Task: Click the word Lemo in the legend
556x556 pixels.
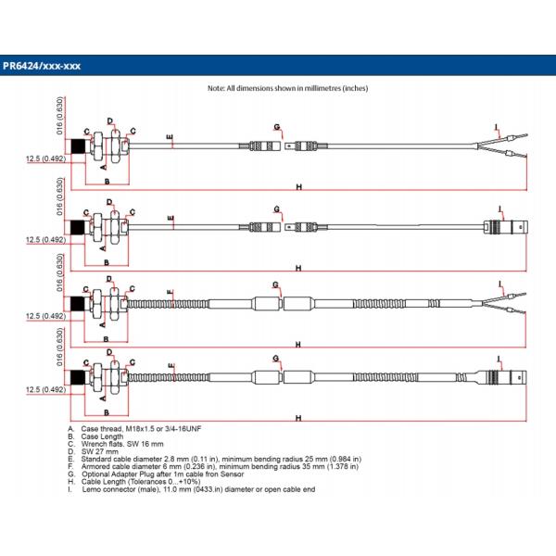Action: (92, 488)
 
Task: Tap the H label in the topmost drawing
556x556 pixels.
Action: (299, 186)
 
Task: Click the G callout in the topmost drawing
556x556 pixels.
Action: (276, 126)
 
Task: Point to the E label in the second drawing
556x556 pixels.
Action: (171, 220)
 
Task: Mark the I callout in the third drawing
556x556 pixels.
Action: (499, 283)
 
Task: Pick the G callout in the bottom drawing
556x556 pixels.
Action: (276, 358)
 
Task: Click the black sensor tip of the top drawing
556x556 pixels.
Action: (78, 146)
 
